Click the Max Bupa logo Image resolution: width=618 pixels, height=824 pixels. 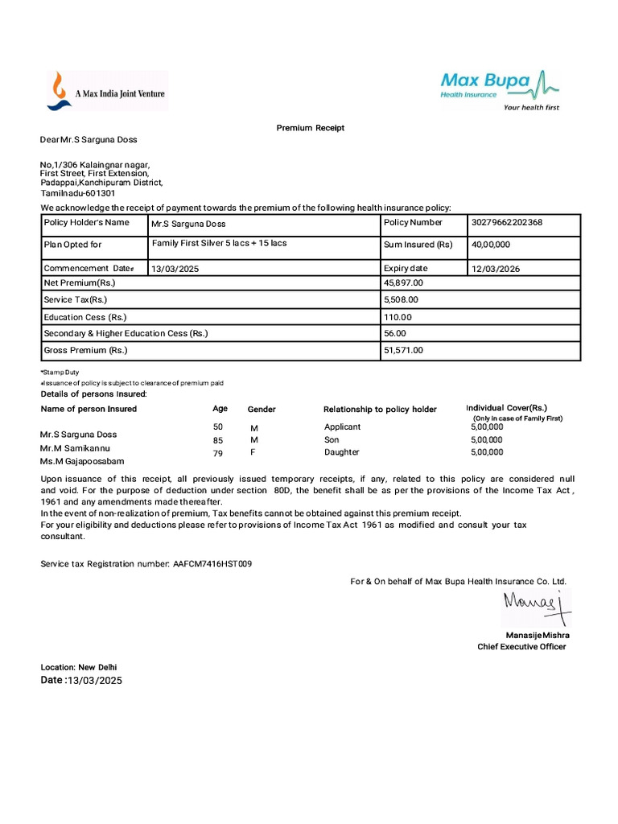pyautogui.click(x=499, y=89)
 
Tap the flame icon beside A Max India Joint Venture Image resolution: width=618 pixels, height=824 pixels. pyautogui.click(x=59, y=90)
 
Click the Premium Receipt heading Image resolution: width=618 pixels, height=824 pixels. pyautogui.click(x=311, y=128)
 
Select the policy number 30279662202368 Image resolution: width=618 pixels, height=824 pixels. pyautogui.click(x=506, y=223)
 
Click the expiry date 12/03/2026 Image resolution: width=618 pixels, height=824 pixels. pyautogui.click(x=495, y=269)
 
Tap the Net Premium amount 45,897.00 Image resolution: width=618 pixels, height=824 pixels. pyautogui.click(x=403, y=283)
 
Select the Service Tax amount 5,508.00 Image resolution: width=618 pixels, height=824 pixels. pyautogui.click(x=401, y=299)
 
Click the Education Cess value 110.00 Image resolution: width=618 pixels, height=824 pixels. pyautogui.click(x=398, y=317)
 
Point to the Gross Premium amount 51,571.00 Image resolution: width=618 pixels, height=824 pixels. pyautogui.click(x=403, y=350)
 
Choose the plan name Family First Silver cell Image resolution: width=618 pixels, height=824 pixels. pyautogui.click(x=219, y=244)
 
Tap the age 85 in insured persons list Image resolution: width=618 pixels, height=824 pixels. pyautogui.click(x=218, y=441)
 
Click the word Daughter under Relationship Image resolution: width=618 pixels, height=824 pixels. pyautogui.click(x=343, y=452)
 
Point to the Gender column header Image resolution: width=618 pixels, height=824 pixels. pyautogui.click(x=262, y=410)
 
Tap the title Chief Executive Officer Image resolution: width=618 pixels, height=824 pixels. pyautogui.click(x=521, y=646)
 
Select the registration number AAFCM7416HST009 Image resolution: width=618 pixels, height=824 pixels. pyautogui.click(x=212, y=564)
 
